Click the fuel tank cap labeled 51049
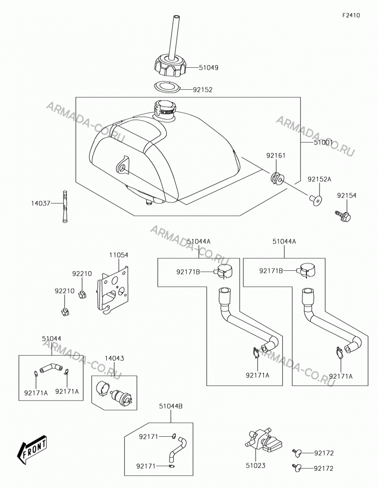[x=170, y=66]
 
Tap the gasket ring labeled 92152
[x=167, y=87]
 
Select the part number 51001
[x=323, y=142]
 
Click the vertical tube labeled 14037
[x=65, y=206]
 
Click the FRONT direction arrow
[x=32, y=450]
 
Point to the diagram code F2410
[x=351, y=15]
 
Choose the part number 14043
[x=114, y=358]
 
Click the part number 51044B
[x=171, y=406]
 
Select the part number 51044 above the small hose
[x=52, y=338]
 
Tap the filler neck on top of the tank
[x=165, y=110]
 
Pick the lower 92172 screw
[x=297, y=467]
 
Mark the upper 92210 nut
[x=82, y=293]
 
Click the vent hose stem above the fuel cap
[x=172, y=36]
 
